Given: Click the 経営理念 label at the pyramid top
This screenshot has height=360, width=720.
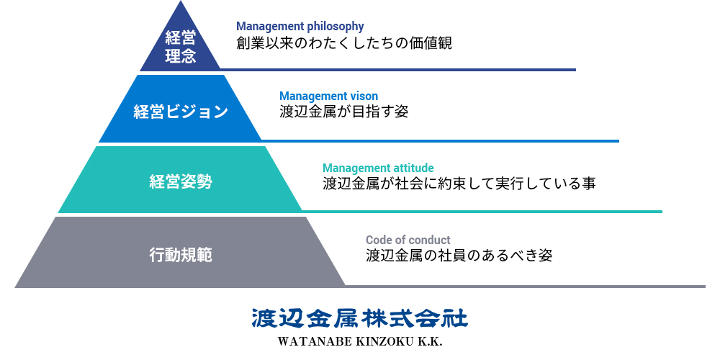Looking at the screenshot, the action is [x=181, y=47].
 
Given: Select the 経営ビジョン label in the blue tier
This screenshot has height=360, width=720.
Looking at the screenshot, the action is [x=181, y=112].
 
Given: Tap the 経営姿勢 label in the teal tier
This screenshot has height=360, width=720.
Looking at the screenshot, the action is [x=181, y=182].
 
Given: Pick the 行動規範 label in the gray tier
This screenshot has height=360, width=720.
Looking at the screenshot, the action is [x=181, y=254].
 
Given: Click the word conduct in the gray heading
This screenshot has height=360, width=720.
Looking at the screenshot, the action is [x=429, y=240].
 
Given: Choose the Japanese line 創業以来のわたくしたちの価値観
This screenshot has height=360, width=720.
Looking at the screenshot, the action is [x=344, y=43].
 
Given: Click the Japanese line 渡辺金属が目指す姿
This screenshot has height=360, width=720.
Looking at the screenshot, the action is [x=344, y=112].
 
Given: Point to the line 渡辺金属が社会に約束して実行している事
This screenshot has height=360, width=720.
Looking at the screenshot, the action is [x=459, y=184].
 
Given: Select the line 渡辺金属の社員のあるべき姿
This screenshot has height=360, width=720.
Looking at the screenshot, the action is [x=459, y=256].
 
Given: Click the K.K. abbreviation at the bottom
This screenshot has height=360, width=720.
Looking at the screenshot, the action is [x=430, y=343].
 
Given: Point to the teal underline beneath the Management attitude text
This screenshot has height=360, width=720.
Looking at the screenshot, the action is [x=482, y=212].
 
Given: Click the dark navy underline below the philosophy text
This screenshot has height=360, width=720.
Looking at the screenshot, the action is [x=397, y=70].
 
